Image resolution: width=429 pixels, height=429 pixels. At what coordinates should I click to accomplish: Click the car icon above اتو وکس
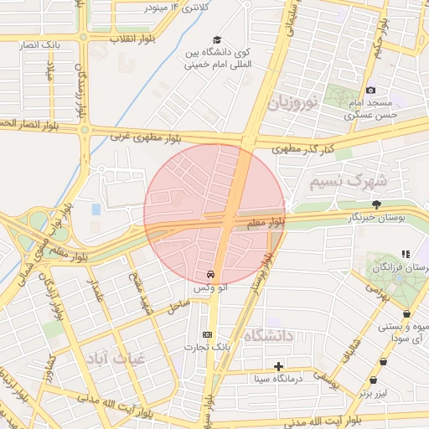[x=209, y=275]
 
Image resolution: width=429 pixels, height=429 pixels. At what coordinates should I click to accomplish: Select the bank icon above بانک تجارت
[x=208, y=334]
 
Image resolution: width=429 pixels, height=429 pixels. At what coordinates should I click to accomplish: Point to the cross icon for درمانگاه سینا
[x=279, y=366]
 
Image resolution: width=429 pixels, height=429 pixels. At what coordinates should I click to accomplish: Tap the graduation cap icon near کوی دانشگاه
[x=218, y=40]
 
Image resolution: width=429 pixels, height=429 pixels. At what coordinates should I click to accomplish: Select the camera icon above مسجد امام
[x=370, y=90]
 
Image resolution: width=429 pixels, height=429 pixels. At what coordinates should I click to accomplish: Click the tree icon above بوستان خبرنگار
[x=376, y=204]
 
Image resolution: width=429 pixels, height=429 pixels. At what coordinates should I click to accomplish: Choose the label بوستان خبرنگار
[x=376, y=217]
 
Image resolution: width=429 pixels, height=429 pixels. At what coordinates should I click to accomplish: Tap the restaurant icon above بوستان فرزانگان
[x=406, y=254]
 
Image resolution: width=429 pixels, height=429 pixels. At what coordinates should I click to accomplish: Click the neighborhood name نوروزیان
[x=292, y=104]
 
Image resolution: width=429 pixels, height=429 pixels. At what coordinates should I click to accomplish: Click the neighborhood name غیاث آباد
[x=115, y=356]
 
